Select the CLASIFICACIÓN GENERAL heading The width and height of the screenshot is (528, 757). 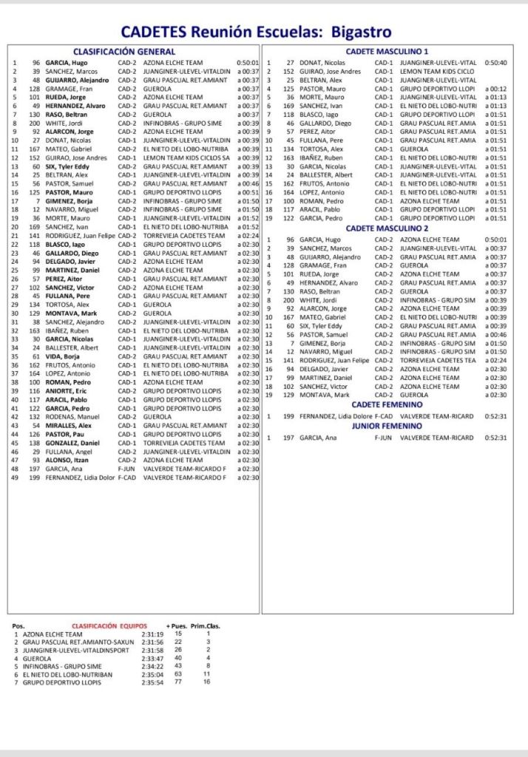pyautogui.click(x=124, y=52)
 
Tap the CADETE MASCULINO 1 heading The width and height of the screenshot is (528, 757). pyautogui.click(x=387, y=52)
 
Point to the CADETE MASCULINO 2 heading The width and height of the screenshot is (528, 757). pyautogui.click(x=387, y=228)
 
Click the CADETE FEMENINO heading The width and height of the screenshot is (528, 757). pyautogui.click(x=387, y=404)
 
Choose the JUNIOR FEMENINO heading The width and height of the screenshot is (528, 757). pyautogui.click(x=387, y=426)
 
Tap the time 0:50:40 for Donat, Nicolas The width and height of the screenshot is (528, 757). pyautogui.click(x=495, y=63)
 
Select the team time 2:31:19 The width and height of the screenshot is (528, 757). pyautogui.click(x=152, y=634)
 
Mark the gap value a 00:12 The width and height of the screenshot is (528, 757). pyautogui.click(x=495, y=89)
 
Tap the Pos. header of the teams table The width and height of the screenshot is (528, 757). pyautogui.click(x=19, y=625)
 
